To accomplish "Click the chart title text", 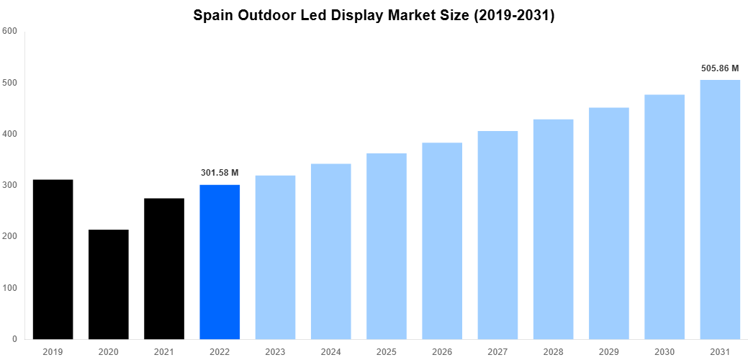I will pos(374,16).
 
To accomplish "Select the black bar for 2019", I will pos(53,259).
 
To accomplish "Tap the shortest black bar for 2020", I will pos(108,284).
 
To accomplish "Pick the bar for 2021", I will pos(164,269).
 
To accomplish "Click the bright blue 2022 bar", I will pos(220,262).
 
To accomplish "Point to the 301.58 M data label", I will pos(220,173).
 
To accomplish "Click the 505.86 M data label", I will pos(720,68).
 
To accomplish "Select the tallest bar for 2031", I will pos(720,209).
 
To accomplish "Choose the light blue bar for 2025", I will pos(387,246).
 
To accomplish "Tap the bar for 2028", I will pos(553,229).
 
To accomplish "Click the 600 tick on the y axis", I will pos(10,31).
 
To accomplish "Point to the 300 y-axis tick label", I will pos(10,185).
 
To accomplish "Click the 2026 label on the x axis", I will pos(442,351).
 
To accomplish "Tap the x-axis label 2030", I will pos(664,351).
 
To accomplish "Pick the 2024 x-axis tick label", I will pos(331,351).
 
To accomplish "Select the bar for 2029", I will pos(609,223).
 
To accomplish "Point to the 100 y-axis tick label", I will pos(10,288).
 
